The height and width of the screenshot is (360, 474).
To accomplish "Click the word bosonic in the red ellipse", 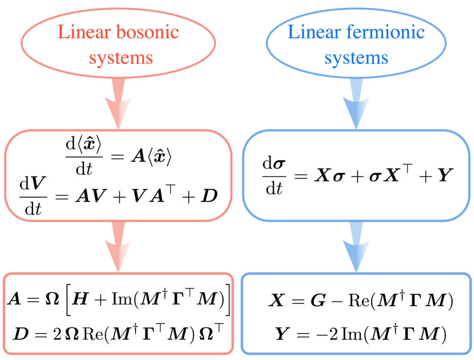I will pos(148,32).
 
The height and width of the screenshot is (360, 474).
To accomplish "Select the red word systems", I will pos(121,58).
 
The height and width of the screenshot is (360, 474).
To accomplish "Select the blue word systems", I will pos(356,58).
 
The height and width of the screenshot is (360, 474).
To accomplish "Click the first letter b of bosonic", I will pos(120,32).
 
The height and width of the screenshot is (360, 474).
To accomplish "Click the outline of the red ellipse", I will pos(22,42).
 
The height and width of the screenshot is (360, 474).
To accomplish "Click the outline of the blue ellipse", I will pos(266,42).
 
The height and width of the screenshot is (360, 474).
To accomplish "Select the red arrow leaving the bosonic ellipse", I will pos(118,103).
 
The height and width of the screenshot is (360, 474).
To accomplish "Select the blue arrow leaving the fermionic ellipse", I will pos(356,103).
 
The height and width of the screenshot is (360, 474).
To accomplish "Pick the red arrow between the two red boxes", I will pos(118,246).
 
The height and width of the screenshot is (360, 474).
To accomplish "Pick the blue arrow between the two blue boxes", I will pos(356,246).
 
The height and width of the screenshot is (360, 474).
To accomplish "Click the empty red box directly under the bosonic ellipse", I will pos(118,175).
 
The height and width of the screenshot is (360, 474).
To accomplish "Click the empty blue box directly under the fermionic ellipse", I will pos(356,175).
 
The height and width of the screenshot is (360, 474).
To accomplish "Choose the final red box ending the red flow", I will pos(118,314).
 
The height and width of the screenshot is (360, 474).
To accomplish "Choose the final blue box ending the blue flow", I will pos(356,314).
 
